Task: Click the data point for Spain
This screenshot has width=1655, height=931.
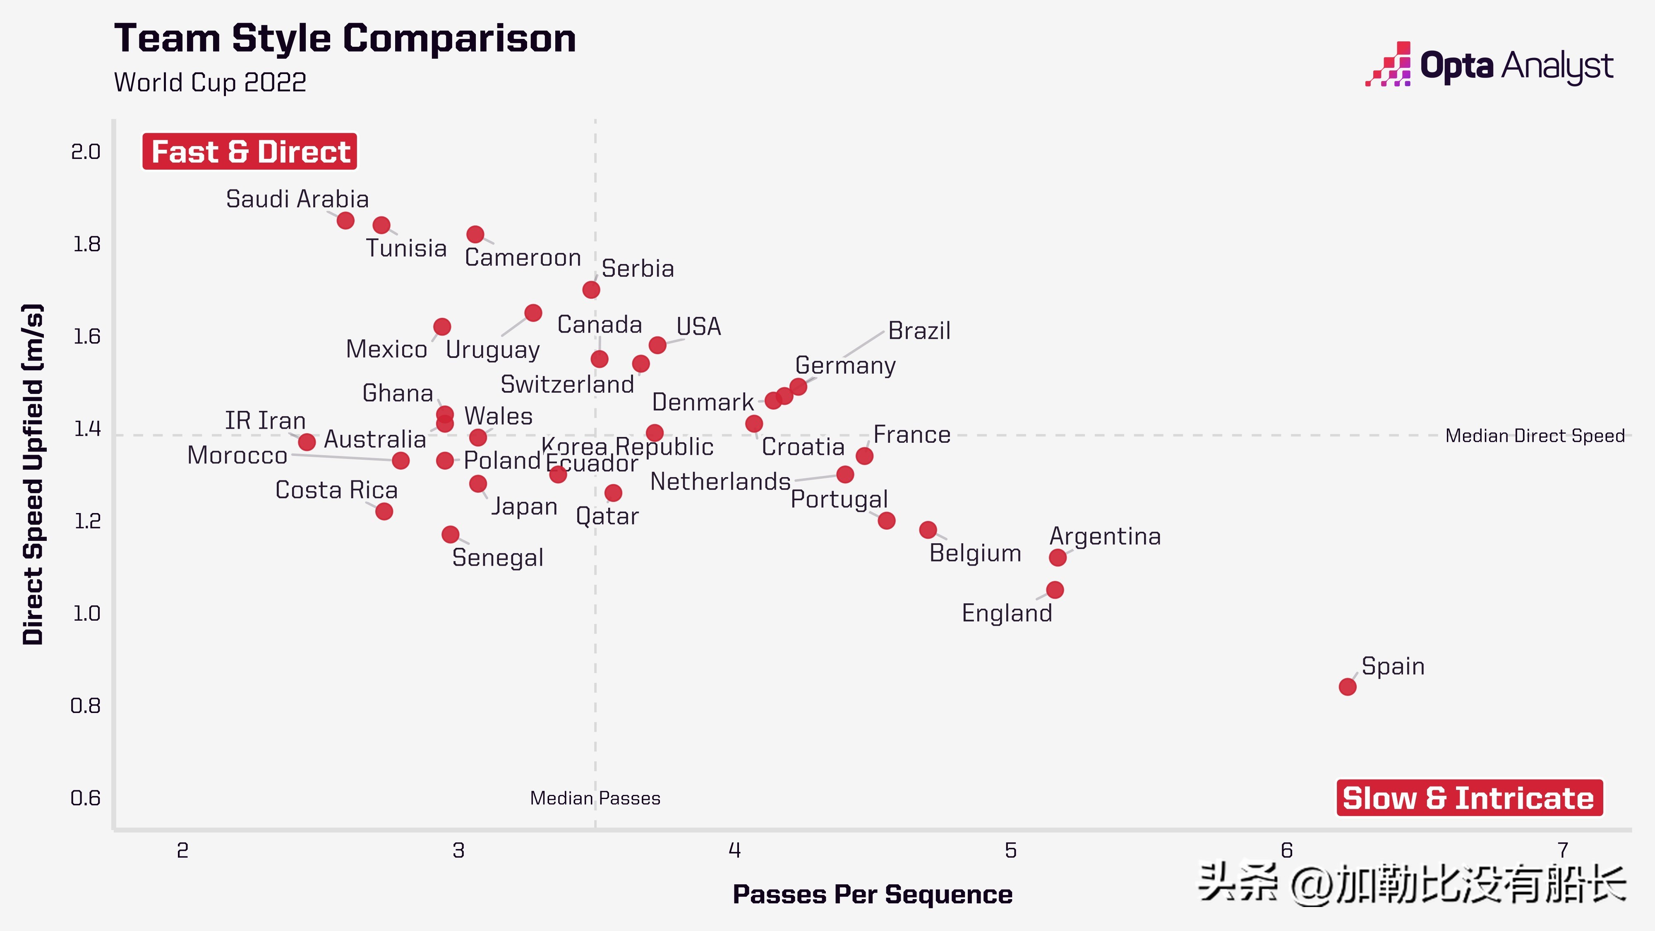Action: pos(1347,686)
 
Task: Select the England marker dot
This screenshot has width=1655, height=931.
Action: pos(1054,590)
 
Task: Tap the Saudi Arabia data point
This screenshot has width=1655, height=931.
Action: pos(345,221)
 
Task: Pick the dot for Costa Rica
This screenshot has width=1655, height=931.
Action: pos(384,511)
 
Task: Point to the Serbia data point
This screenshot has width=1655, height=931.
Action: pos(591,290)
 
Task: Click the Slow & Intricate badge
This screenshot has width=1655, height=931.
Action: pos(1469,798)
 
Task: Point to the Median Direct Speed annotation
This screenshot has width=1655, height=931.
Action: pos(1534,436)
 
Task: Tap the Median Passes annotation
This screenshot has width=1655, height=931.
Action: pos(595,798)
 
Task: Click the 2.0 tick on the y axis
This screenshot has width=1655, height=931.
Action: pos(86,152)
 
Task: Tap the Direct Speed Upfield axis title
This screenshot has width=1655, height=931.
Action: pos(33,474)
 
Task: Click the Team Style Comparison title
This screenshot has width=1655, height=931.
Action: pos(345,38)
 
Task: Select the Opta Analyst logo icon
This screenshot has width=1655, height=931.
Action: pos(1389,65)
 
